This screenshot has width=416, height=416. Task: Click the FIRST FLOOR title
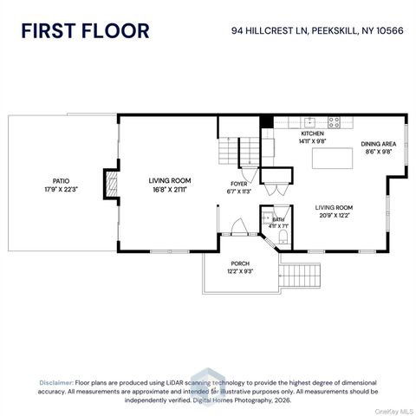pos(85,31)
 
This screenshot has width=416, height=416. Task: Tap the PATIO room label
pos(61,181)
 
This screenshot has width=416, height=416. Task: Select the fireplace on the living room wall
pos(111,184)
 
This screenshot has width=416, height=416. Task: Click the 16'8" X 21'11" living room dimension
pos(170,190)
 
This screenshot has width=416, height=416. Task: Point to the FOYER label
pos(239,184)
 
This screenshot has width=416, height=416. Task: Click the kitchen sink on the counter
pos(310,122)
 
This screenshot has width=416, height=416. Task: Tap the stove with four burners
pos(334,122)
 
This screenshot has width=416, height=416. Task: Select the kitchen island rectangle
pos(332,158)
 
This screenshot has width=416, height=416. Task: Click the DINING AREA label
pos(379,144)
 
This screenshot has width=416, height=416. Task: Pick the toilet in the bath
pos(283,237)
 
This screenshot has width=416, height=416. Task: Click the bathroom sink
pos(268,218)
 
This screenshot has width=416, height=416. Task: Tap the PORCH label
pos(240,263)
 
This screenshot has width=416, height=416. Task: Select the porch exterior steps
pos(301,276)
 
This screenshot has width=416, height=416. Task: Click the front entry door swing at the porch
pos(239,226)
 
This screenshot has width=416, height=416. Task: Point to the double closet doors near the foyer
pos(276,189)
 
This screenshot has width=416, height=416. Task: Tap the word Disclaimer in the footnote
pos(56,383)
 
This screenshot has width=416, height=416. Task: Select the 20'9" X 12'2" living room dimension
pos(335,215)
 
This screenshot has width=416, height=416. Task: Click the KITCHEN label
pos(312,133)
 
